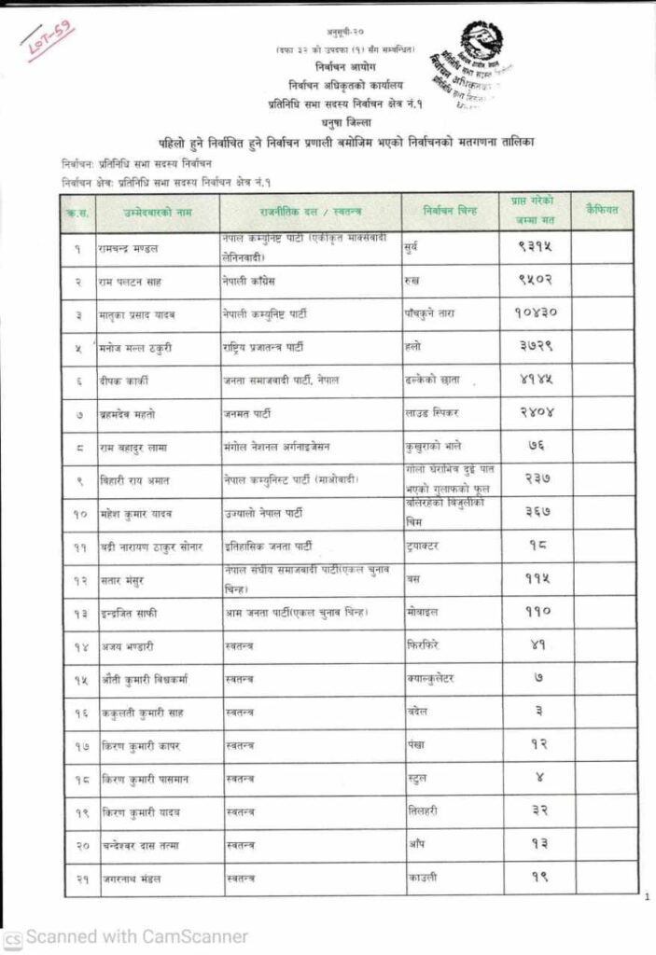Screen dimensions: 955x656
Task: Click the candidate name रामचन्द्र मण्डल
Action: pos(130,249)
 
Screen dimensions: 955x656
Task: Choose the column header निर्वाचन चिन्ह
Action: pos(451,212)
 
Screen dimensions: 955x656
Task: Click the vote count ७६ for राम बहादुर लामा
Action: pos(533,447)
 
